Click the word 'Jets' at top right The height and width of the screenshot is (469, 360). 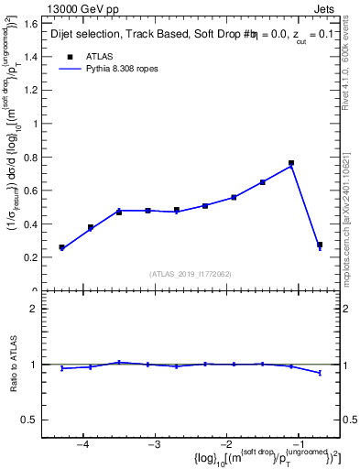325,8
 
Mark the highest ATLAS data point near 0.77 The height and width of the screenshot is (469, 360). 290,163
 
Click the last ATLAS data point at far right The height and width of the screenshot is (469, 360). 320,245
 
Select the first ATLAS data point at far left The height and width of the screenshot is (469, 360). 61,247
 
